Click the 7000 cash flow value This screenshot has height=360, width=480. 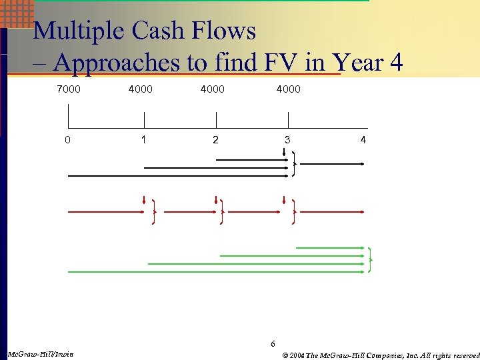[x=68, y=89]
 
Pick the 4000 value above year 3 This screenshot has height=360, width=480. [x=288, y=89]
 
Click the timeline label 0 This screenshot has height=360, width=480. [x=68, y=140]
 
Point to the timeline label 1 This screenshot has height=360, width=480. [x=143, y=140]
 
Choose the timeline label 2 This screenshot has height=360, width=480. [x=215, y=140]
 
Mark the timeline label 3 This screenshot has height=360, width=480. [x=287, y=140]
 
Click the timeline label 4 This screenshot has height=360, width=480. [x=363, y=140]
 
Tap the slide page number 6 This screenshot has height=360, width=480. [x=272, y=344]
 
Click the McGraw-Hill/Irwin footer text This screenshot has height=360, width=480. [x=40, y=353]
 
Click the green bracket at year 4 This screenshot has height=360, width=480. [x=370, y=259]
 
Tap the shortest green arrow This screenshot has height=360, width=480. [x=330, y=248]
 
